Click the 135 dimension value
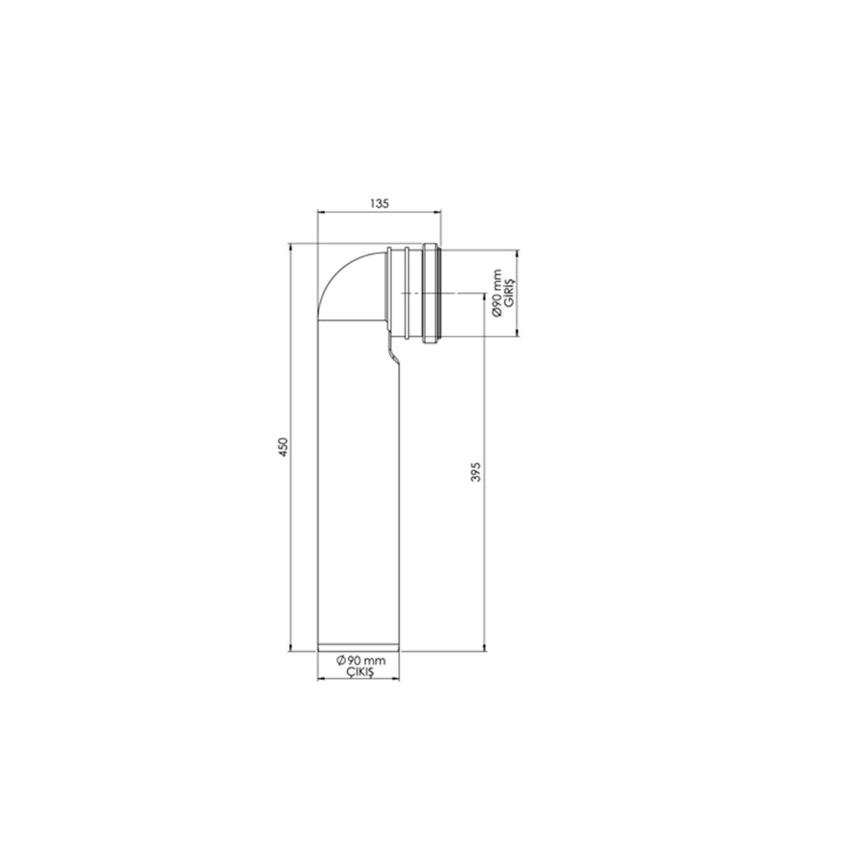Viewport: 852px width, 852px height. coord(379,203)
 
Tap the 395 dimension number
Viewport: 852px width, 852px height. coord(476,471)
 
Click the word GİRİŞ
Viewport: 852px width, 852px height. coord(508,292)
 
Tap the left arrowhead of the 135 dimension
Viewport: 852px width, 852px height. coord(319,212)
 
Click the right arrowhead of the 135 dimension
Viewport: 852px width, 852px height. coord(439,212)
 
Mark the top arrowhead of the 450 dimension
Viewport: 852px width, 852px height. coord(290,246)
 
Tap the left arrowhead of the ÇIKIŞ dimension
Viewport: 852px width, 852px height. coord(319,678)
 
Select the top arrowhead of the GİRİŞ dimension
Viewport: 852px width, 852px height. coord(518,252)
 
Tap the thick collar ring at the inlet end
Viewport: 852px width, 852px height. coord(431,293)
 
